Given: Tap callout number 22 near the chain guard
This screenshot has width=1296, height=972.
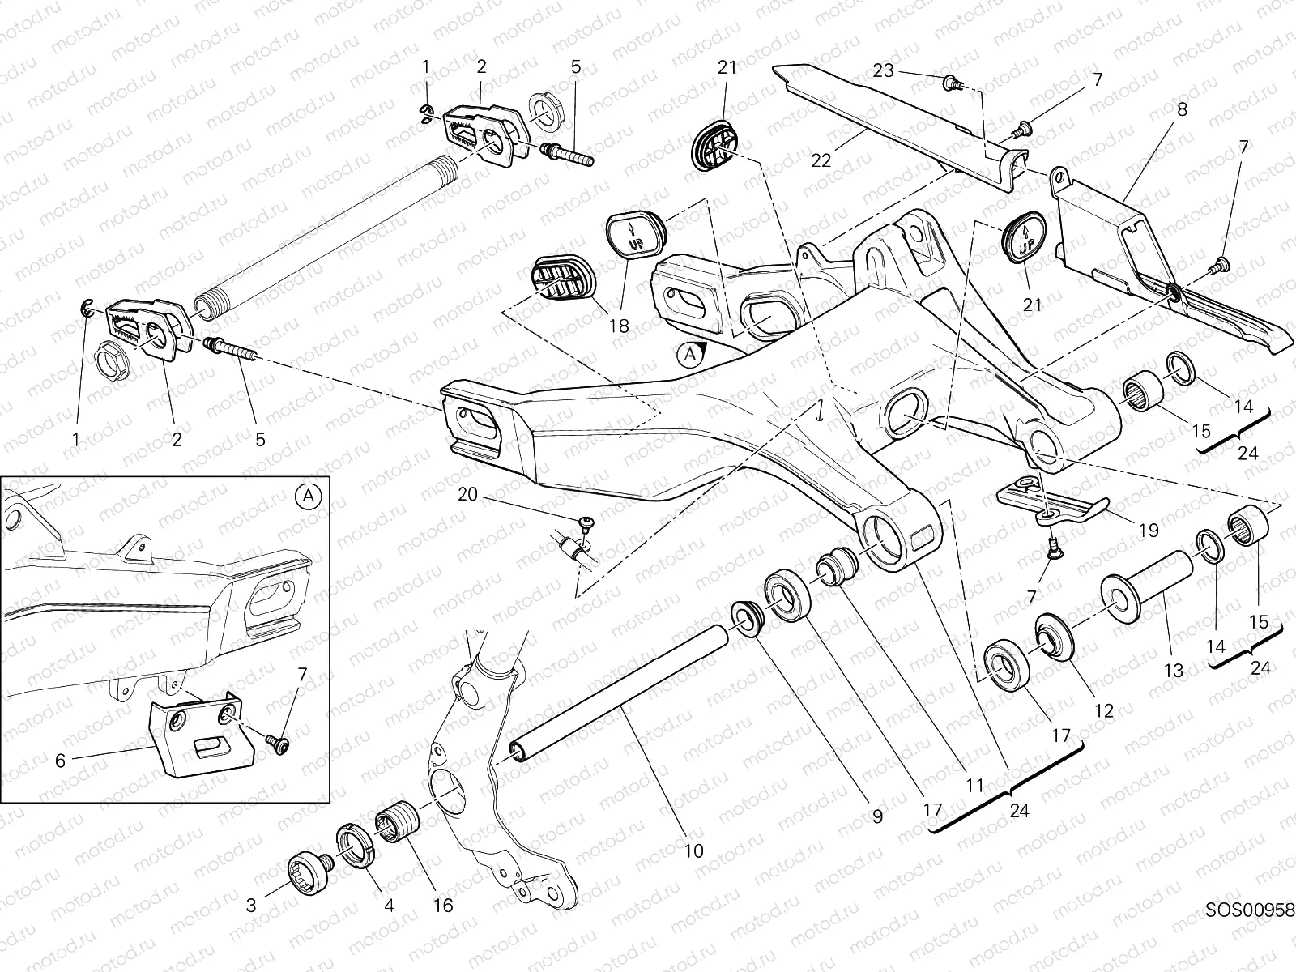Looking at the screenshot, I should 821,161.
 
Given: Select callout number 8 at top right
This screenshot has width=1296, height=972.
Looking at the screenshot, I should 1182,109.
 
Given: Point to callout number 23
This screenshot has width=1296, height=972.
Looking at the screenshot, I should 883,70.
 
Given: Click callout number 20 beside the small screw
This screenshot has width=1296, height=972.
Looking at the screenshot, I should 467,494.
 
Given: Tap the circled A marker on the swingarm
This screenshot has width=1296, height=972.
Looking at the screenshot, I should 688,355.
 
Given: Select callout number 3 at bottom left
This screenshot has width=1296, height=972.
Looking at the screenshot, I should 251,905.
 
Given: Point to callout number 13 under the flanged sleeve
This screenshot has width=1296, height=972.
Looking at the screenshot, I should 1173,670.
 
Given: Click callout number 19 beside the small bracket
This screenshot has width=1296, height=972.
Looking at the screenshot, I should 1149,531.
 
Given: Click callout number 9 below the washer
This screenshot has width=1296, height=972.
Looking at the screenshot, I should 876,816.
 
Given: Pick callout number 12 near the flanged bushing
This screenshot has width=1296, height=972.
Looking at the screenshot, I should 1103,711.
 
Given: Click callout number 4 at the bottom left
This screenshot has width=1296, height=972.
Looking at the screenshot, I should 389,905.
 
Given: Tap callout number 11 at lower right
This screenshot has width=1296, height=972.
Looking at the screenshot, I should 974,784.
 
